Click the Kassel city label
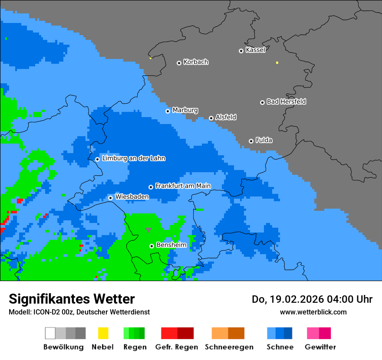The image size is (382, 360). point(255,50)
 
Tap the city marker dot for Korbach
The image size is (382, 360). point(179,63)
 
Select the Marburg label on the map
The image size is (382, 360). point(185,110)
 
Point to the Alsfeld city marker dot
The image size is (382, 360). point(211,118)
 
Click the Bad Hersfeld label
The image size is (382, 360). point(286,101)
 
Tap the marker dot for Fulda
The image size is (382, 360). point(251,141)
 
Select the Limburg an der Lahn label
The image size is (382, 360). point(133,158)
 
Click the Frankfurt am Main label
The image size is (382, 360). point(183,186)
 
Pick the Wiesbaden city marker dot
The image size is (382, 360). point(110,198)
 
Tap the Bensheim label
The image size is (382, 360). point(171,245)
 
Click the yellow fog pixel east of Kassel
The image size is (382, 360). point(277,62)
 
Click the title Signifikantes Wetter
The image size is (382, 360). point(72,299)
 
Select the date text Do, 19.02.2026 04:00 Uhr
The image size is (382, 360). point(312,299)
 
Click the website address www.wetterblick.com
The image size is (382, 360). point(313,312)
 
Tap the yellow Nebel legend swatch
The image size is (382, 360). point(103,333)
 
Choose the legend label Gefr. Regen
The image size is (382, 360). point(176,347)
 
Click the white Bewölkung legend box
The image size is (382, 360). point(50,333)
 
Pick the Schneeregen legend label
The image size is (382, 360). point(229,347)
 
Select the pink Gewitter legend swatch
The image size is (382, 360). point(313,333)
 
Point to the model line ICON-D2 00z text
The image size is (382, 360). point(52,312)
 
